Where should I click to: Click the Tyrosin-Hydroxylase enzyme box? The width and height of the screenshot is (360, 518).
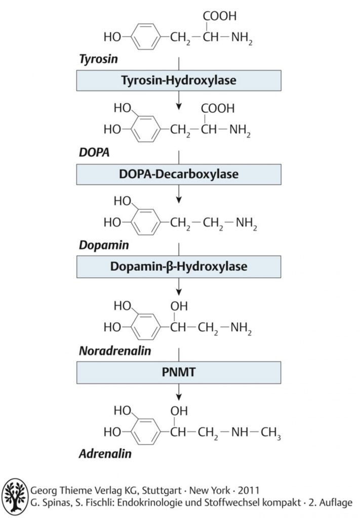179,80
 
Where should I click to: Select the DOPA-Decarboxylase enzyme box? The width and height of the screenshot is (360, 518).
179,174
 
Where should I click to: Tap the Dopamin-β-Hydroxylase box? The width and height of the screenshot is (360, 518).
179,267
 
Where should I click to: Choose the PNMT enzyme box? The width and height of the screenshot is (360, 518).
179,372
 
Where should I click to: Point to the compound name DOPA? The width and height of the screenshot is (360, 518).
94,152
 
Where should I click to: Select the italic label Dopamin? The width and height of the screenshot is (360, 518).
104,245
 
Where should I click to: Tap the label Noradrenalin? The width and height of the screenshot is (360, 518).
115,351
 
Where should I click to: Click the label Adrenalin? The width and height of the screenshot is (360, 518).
105,454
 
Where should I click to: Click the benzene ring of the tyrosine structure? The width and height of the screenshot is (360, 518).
146,36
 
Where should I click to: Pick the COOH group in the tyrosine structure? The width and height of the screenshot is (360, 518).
220,16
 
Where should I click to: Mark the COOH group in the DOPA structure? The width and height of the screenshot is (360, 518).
218,108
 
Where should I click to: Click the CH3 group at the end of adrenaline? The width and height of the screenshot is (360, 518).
271,433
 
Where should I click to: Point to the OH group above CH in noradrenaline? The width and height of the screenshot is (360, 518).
179,306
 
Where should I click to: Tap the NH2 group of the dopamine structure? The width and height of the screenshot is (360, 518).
246,223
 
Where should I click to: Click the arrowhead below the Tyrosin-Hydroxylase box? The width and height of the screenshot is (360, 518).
179,106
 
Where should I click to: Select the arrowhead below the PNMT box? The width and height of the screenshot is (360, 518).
179,397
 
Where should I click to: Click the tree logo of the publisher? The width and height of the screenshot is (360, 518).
15,497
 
